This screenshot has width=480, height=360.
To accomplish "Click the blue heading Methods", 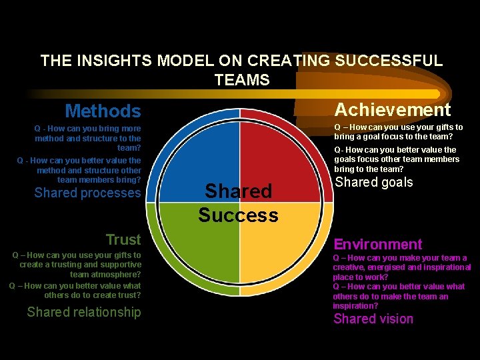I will tap(103, 111).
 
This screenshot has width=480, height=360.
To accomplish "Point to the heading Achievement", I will tap(393, 109).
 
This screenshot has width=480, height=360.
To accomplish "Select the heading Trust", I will tap(123, 239).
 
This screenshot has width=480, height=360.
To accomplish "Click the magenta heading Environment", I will tap(378, 245).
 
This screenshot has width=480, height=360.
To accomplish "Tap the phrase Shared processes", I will tap(87, 193).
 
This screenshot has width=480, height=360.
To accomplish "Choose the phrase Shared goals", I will tap(373, 182).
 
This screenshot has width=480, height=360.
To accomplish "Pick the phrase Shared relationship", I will tap(84, 312).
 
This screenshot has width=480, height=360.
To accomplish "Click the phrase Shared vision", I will tap(373, 319).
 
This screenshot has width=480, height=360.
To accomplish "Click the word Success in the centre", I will tap(238, 215).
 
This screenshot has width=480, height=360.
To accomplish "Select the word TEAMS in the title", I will tap(242, 81).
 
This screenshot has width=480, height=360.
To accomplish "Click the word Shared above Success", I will tap(238, 191).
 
